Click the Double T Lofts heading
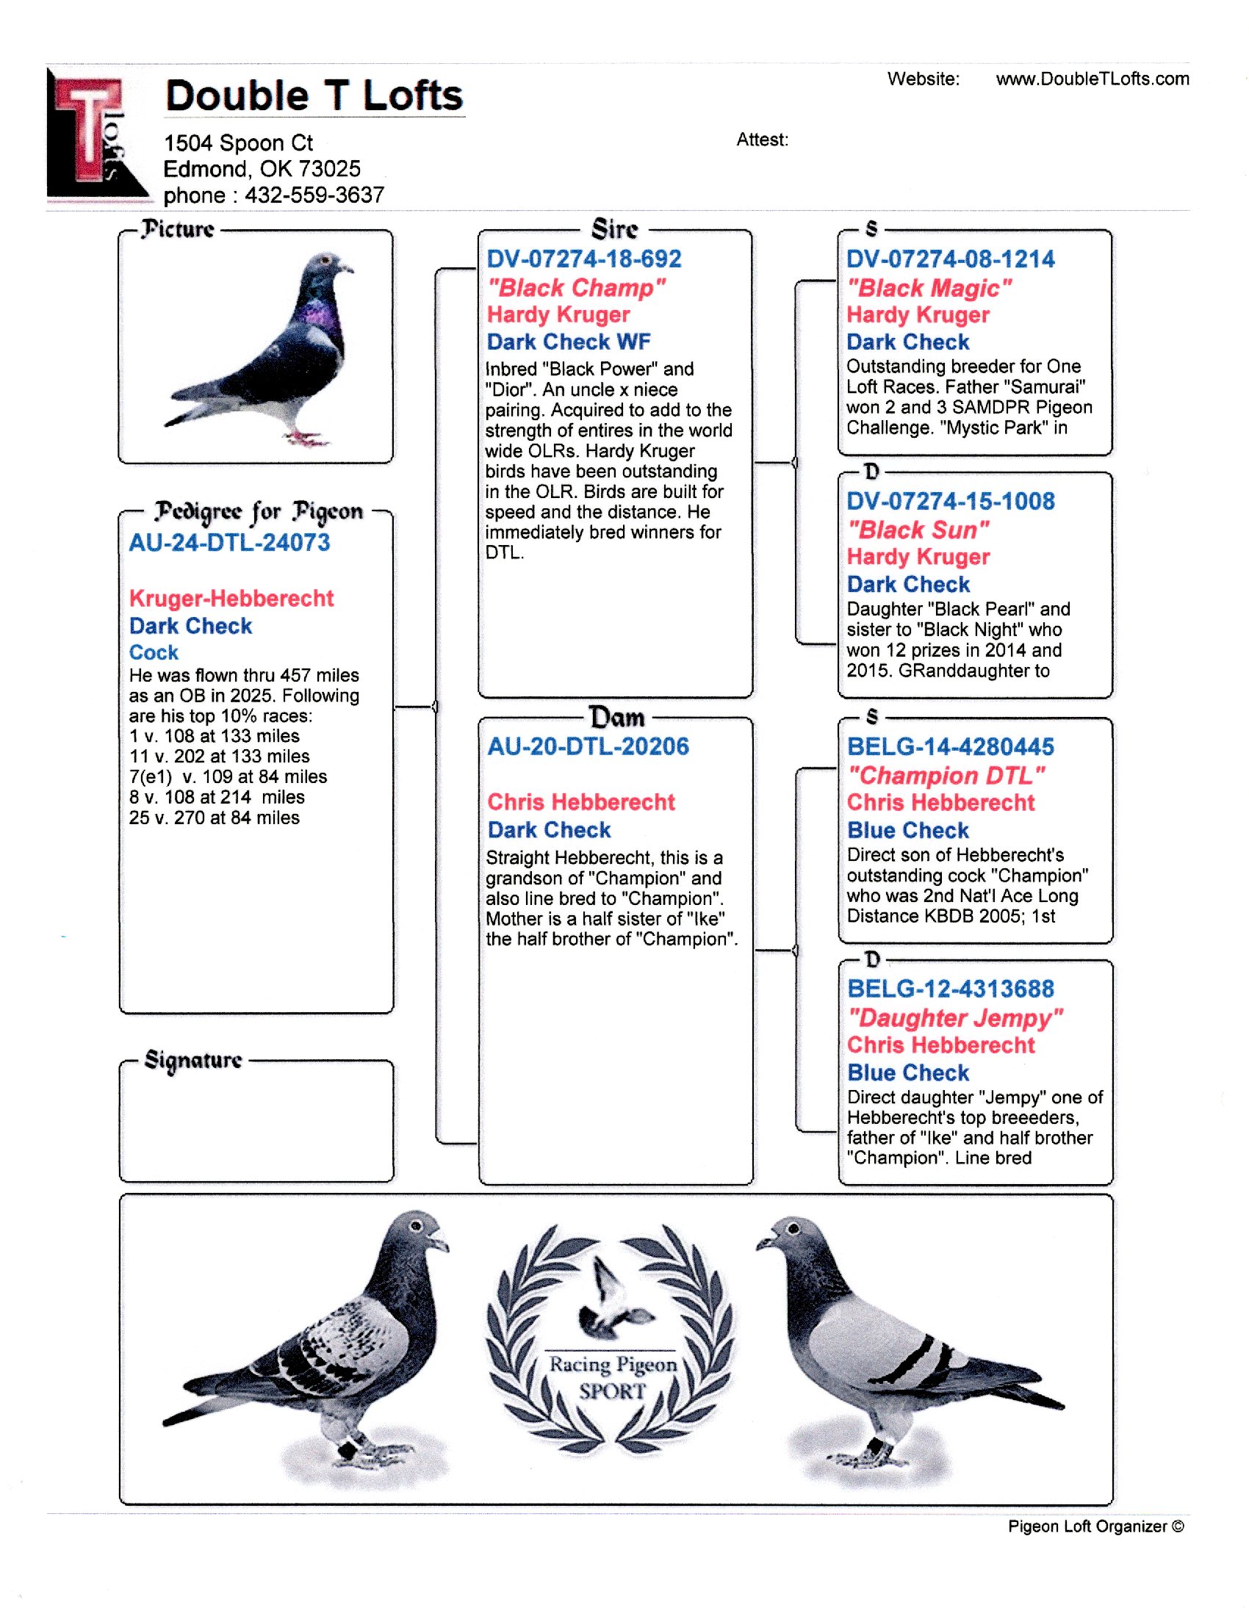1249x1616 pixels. click(314, 96)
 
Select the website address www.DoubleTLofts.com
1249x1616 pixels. click(1092, 79)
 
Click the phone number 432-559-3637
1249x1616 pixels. click(314, 195)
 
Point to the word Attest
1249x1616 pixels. click(761, 140)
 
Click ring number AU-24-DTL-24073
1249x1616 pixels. click(229, 543)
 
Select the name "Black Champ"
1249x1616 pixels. click(577, 287)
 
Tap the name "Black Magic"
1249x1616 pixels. click(929, 287)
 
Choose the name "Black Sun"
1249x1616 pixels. click(918, 530)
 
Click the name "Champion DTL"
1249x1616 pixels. click(946, 776)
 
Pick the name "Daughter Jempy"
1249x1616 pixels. click(954, 1018)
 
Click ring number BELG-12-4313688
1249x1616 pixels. click(950, 989)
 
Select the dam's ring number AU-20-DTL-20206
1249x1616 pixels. click(588, 746)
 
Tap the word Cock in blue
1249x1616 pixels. click(154, 652)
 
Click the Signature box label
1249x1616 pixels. click(193, 1059)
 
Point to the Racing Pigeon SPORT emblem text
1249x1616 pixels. click(613, 1377)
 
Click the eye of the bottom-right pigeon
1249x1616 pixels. click(795, 1229)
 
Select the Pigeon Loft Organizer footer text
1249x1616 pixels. click(1095, 1526)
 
